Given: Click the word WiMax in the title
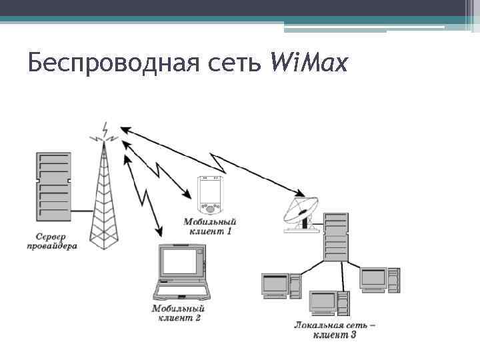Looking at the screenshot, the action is [309, 63].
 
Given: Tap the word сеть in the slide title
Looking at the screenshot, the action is [239, 64].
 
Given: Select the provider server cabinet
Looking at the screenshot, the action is [53, 187].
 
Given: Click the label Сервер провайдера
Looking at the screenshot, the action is [57, 241].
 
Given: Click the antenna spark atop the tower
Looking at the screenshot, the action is [105, 132].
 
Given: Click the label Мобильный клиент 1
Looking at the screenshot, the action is [211, 227].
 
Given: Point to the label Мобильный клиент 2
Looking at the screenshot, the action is [179, 313].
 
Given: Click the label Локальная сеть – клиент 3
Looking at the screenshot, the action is [335, 329].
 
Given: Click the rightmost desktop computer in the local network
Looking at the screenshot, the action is [379, 279].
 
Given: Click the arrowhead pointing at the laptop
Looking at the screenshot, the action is [159, 232].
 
